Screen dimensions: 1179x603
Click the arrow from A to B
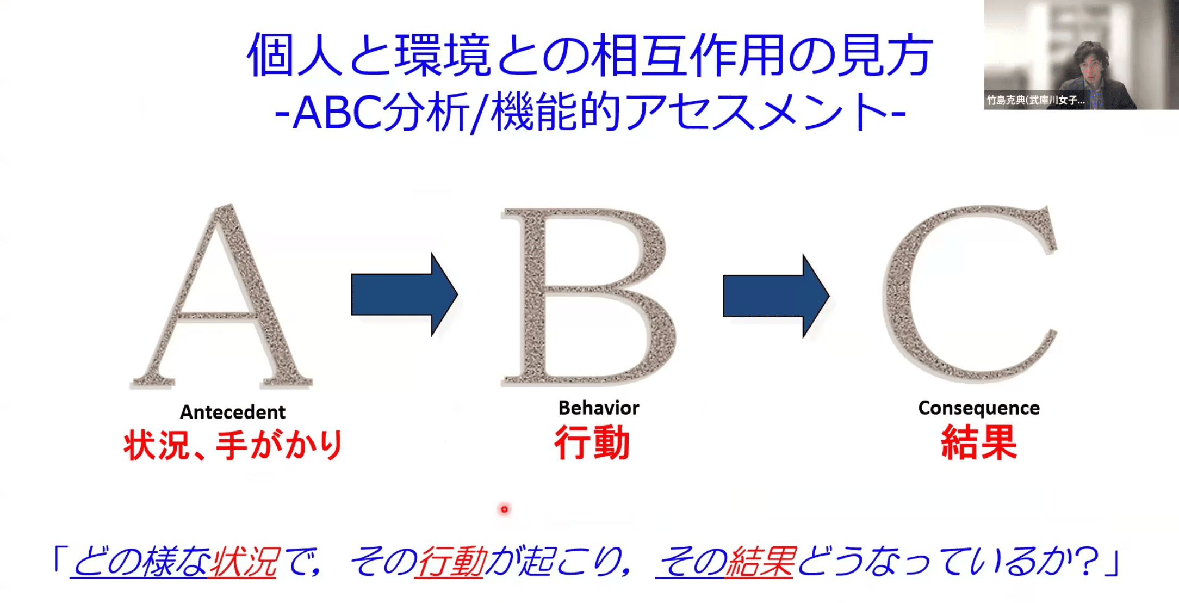coord(405,294)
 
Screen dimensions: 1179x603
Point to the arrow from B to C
coord(776,296)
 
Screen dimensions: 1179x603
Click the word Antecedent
coord(233,412)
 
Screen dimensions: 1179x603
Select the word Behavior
coord(599,408)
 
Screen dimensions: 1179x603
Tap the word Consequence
coord(979,408)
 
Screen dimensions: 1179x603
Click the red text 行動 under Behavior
coord(592,443)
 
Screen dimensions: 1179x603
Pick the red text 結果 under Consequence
coord(979,442)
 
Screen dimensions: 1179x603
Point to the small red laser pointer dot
coord(504,509)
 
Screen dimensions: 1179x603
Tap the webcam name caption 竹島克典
coord(1006,101)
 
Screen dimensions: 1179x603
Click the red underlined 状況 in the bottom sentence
coord(244,562)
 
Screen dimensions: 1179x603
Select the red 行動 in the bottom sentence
coord(450,562)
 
